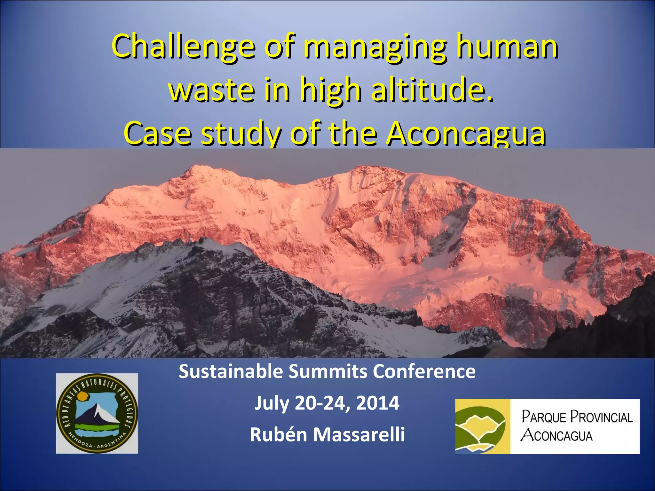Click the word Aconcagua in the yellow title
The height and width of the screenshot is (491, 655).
[465, 133]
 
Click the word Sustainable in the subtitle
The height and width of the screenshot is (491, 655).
[231, 372]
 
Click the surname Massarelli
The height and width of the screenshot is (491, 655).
[359, 435]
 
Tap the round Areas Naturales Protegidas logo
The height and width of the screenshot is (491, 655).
[97, 413]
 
